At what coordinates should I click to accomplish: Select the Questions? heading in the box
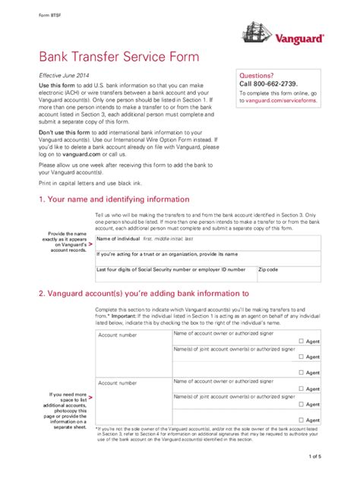tap(256, 76)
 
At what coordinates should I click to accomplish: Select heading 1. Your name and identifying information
tap(113, 200)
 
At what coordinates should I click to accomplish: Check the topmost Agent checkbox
tap(302, 341)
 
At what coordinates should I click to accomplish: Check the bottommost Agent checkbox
tap(302, 419)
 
